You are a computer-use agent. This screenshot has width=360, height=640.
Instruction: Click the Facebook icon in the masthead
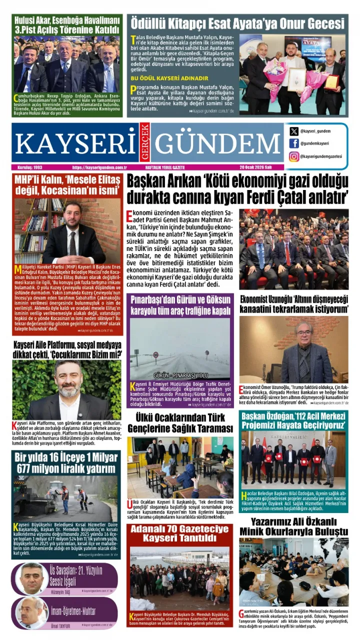pos(294,143)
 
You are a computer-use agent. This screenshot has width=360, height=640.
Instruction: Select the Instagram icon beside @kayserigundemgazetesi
pos(294,156)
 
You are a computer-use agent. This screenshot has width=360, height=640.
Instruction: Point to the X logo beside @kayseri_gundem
pos(294,131)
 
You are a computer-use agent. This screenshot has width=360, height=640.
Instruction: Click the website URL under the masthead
pos(99,167)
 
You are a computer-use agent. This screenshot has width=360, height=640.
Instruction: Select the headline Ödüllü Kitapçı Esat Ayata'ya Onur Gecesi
pos(237,23)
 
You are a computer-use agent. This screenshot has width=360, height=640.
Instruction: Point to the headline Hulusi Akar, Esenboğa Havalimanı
pos(67,24)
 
